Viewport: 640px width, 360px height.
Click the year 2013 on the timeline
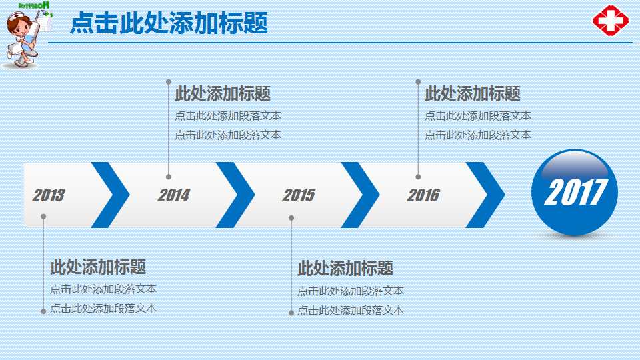[49, 195]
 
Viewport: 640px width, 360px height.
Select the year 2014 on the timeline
[173, 195]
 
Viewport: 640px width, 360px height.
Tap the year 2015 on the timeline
[298, 195]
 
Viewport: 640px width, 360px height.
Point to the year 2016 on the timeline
[423, 195]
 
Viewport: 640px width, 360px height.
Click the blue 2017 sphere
[574, 193]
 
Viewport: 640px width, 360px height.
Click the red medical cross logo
[610, 21]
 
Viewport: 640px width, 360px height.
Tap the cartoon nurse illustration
[24, 37]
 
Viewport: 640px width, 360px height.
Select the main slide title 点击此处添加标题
[169, 23]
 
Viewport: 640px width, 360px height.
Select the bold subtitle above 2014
[223, 94]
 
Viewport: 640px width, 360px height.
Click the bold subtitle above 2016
[473, 94]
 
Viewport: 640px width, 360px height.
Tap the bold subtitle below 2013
[98, 267]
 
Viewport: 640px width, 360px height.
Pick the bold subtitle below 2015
[345, 269]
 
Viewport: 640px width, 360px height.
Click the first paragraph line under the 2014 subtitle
[228, 116]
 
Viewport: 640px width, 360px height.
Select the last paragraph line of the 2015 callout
[351, 310]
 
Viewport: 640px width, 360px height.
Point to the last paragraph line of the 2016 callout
[478, 135]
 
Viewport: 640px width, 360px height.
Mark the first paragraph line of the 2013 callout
[103, 289]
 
